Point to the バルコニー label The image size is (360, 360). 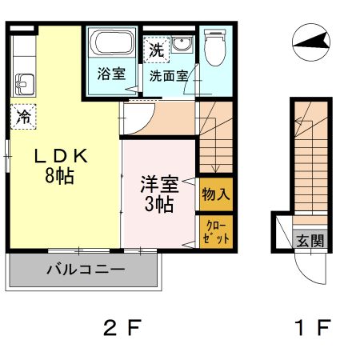click(x=85, y=270)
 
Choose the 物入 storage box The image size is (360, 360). click(x=216, y=194)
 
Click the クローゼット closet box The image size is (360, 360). click(x=216, y=232)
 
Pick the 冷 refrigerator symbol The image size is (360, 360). click(x=24, y=117)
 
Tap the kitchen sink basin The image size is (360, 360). click(x=22, y=83)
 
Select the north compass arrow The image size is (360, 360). click(x=311, y=41)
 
